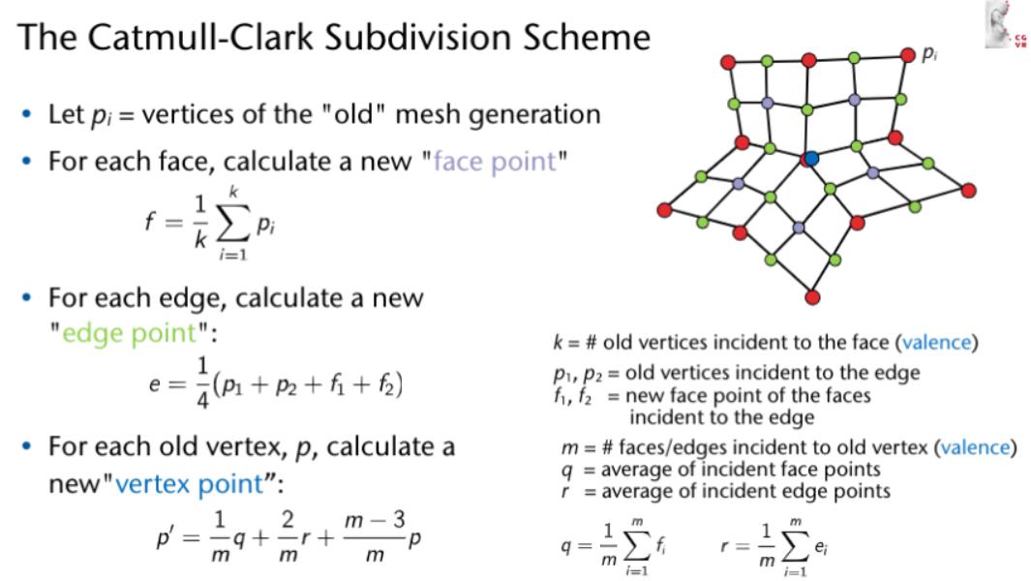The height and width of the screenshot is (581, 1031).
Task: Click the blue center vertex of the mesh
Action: pyautogui.click(x=811, y=158)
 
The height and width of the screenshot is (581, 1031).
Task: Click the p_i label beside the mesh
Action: pyautogui.click(x=929, y=55)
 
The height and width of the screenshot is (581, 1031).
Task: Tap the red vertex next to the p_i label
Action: pyautogui.click(x=908, y=55)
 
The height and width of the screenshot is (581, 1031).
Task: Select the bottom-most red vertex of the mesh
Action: pyautogui.click(x=812, y=295)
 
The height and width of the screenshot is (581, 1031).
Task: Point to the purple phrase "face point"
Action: pyautogui.click(x=495, y=161)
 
